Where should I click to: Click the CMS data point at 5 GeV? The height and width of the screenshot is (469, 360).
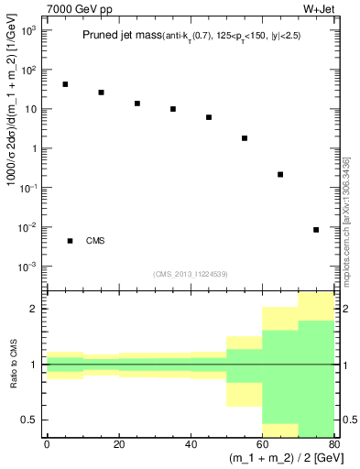[x=65, y=84]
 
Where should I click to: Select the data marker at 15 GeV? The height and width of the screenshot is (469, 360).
[x=101, y=93]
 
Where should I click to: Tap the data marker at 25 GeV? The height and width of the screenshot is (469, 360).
[x=136, y=104]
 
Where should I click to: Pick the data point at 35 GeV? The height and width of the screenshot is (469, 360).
[x=172, y=109]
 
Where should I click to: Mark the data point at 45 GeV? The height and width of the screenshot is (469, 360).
[x=209, y=117]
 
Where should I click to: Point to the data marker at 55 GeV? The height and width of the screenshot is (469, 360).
[x=245, y=138]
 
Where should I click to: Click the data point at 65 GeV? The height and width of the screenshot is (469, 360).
[x=280, y=174]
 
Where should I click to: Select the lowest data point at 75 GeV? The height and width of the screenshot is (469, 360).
[x=316, y=230]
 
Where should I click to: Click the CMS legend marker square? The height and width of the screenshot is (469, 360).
[x=70, y=241]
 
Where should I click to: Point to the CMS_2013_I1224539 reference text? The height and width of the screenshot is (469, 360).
[x=190, y=274]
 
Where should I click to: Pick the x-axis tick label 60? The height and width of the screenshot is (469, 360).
[x=262, y=444]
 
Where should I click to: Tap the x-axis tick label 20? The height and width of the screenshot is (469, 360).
[x=118, y=444]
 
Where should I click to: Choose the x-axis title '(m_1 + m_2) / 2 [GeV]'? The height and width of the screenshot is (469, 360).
[x=275, y=458]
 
